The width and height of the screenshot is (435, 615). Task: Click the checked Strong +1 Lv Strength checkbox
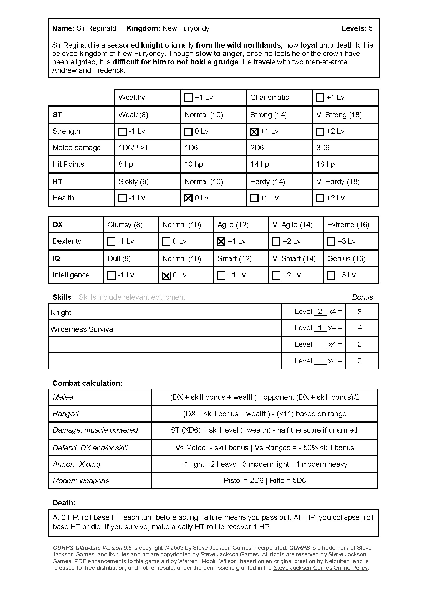tap(254, 132)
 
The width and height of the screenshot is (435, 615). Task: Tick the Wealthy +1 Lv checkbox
tap(188, 98)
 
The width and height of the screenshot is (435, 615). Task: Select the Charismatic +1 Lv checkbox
tap(320, 98)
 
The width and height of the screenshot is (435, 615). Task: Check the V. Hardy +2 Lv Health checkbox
tap(320, 198)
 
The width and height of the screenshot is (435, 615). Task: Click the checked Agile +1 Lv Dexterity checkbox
tap(221, 242)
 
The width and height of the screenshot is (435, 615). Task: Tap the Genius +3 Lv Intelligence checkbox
tap(331, 275)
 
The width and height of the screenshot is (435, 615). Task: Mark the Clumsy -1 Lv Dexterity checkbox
tap(111, 242)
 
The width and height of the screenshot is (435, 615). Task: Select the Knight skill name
tap(61, 313)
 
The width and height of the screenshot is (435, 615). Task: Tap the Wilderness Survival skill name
tap(83, 329)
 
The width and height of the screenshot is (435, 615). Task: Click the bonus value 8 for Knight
tap(360, 312)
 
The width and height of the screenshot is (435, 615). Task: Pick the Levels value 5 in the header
tap(371, 28)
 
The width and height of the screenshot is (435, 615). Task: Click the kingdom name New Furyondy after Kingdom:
tap(186, 28)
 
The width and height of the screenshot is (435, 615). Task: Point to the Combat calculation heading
tap(87, 383)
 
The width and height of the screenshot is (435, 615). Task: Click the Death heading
tap(64, 503)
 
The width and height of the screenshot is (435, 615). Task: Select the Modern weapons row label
tap(81, 481)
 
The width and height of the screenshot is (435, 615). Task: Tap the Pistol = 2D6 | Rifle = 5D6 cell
tap(265, 481)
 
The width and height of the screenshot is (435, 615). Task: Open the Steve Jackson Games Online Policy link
tap(320, 568)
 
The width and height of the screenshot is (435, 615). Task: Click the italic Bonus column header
tap(362, 297)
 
